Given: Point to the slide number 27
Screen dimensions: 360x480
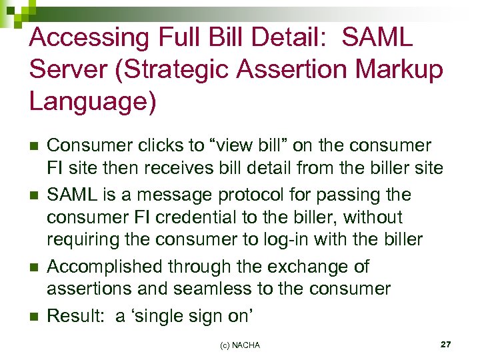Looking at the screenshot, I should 446,344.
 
